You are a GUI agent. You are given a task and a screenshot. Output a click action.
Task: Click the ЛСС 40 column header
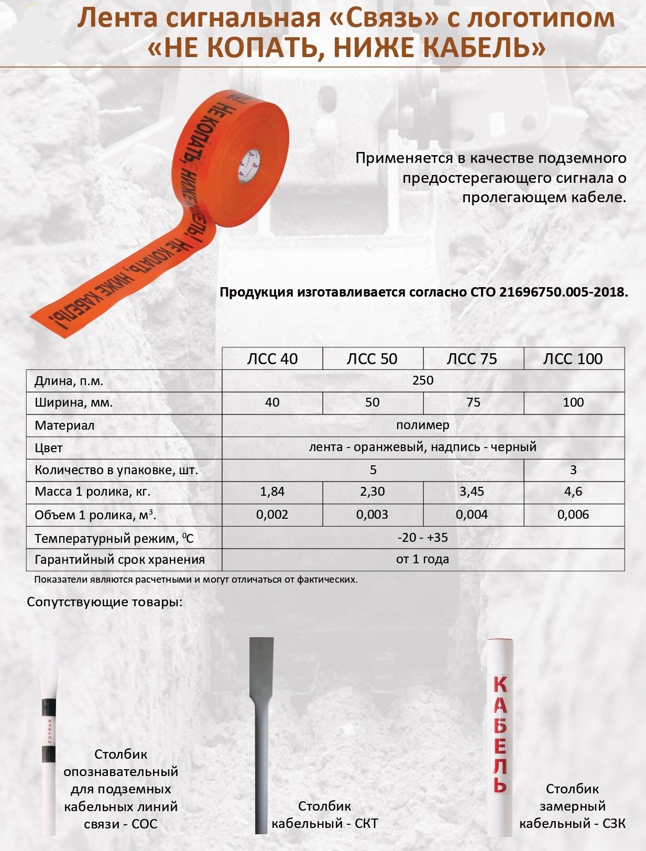[272, 359]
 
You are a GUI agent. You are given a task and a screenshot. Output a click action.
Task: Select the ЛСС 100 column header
[573, 359]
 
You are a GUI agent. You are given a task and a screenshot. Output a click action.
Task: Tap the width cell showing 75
[473, 402]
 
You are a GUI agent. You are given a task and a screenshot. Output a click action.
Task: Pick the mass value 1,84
[272, 492]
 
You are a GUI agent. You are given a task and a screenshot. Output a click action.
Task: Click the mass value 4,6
[573, 492]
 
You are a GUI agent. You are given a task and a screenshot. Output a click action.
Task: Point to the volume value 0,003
[373, 515]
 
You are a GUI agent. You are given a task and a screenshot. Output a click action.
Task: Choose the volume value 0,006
[573, 515]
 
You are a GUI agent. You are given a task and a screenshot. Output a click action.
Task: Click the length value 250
[423, 380]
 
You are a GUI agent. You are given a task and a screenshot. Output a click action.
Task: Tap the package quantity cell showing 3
[573, 470]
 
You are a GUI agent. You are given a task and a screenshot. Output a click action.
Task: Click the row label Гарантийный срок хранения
[119, 560]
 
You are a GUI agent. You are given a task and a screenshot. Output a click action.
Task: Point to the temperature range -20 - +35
[423, 538]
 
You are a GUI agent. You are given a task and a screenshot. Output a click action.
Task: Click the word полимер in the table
[423, 425]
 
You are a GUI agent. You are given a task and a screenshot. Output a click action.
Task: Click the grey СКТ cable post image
[261, 734]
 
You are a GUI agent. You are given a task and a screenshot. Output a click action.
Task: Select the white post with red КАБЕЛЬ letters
[500, 734]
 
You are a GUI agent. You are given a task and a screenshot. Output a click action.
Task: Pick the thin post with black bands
[48, 734]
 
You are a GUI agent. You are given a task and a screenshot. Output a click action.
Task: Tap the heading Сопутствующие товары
[105, 602]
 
